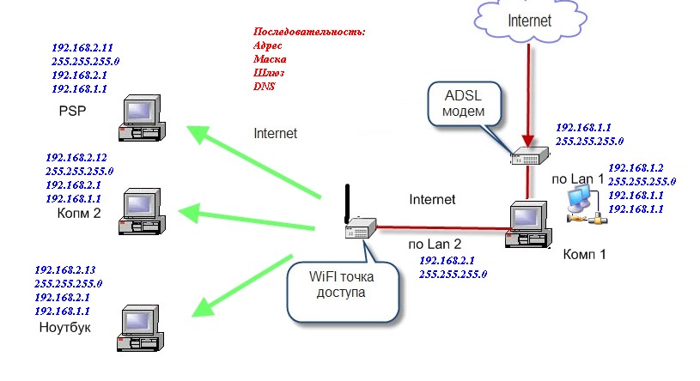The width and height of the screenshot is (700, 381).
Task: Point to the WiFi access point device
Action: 361,228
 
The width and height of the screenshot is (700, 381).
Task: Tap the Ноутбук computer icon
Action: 140,325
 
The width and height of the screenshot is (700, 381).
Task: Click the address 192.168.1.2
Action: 636,168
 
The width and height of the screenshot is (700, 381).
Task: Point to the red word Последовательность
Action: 309,32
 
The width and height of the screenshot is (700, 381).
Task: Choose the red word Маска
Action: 270,59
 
